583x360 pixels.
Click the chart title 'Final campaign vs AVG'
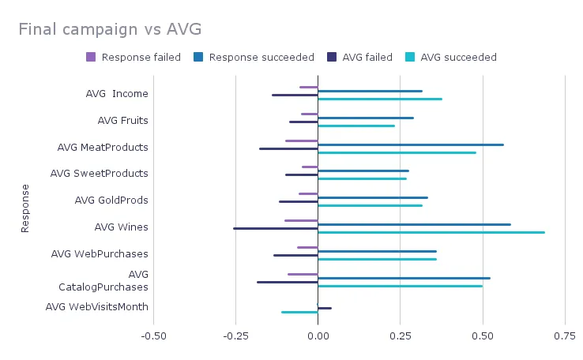coord(110,30)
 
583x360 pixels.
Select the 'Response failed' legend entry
coord(134,57)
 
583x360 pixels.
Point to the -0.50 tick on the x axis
coord(153,336)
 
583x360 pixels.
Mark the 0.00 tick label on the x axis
coord(318,336)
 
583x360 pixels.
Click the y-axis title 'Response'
coord(24,208)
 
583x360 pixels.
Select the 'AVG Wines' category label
coord(121,227)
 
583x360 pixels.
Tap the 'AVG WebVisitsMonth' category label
coord(96,307)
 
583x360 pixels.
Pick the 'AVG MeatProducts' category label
coord(103,148)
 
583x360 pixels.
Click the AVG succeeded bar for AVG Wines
coord(431,233)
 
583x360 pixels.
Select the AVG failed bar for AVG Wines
coord(276,228)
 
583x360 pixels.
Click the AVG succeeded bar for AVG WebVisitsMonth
coord(299,313)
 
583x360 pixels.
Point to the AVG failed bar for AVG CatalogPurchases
coord(288,282)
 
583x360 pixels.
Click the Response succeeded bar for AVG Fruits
coord(366,118)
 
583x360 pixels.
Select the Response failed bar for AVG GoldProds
coord(308,193)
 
